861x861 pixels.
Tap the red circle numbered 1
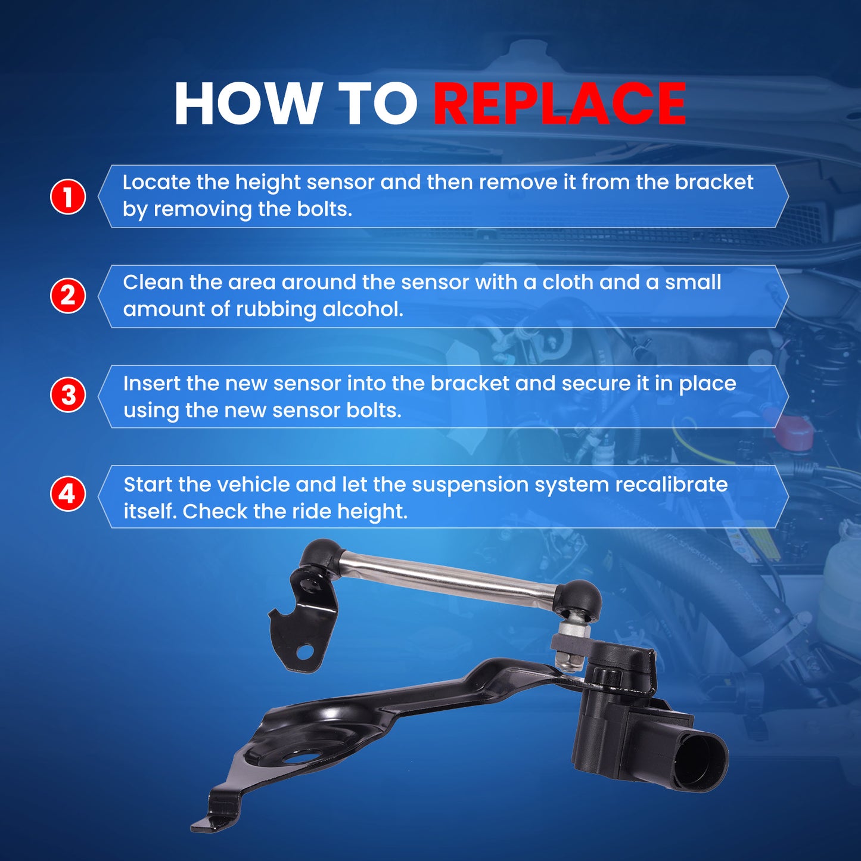67,197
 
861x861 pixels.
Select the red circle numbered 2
67,296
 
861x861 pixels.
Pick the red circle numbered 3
67,396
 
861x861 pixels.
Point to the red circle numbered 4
67,494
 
